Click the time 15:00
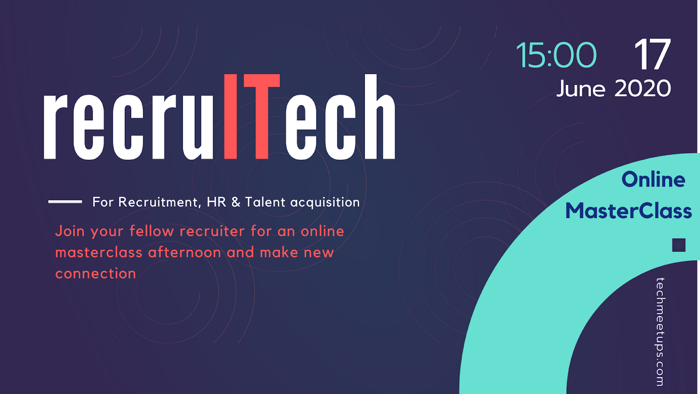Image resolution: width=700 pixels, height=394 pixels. [556, 55]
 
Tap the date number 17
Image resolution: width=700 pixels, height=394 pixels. [652, 54]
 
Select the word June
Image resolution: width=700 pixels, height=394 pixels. [581, 89]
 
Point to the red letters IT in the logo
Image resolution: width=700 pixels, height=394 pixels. [252, 116]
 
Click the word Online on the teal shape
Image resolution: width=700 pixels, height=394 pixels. [653, 179]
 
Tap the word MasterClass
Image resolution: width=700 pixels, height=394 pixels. [628, 211]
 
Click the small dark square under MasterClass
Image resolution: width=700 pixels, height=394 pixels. [679, 245]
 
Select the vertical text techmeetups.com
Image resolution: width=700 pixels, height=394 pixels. [660, 332]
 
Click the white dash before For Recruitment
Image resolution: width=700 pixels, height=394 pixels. [65, 202]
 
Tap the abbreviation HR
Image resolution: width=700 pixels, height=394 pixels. [216, 202]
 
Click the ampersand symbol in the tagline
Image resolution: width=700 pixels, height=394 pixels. [236, 202]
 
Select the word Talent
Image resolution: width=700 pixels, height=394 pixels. [265, 202]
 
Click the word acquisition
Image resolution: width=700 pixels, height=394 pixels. [325, 202]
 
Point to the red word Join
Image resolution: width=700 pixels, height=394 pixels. [70, 231]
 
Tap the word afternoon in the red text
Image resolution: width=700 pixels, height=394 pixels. [184, 252]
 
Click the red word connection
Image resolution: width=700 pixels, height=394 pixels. [96, 273]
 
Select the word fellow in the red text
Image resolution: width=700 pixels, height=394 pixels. [151, 231]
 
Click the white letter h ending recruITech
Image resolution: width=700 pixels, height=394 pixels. [380, 116]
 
